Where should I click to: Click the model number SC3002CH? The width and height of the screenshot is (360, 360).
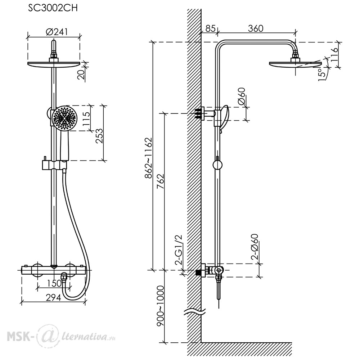pos(53,8)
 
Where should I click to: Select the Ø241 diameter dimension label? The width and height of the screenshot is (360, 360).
pos(57,32)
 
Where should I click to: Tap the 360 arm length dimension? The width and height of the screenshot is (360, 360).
pos(256,28)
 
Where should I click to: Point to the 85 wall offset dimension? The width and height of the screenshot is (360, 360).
pos(210,28)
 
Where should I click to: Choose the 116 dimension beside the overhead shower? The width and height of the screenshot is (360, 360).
pos(335,54)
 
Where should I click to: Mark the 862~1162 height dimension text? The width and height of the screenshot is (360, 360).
pos(148,158)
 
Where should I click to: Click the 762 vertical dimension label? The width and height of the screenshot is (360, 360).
pos(161,181)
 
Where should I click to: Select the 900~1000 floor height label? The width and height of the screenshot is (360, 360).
pos(160,306)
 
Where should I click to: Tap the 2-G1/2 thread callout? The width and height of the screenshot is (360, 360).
pos(179,250)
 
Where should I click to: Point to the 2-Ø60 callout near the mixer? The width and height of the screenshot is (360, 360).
pos(255,247)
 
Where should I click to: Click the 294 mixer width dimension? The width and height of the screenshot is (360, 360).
pos(53,298)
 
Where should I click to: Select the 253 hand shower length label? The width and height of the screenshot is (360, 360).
pos(99,136)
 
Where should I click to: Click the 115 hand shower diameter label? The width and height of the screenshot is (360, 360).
pos(86,118)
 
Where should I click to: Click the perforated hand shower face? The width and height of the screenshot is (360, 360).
pos(64,118)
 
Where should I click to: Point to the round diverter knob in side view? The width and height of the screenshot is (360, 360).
pos(217,165)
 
